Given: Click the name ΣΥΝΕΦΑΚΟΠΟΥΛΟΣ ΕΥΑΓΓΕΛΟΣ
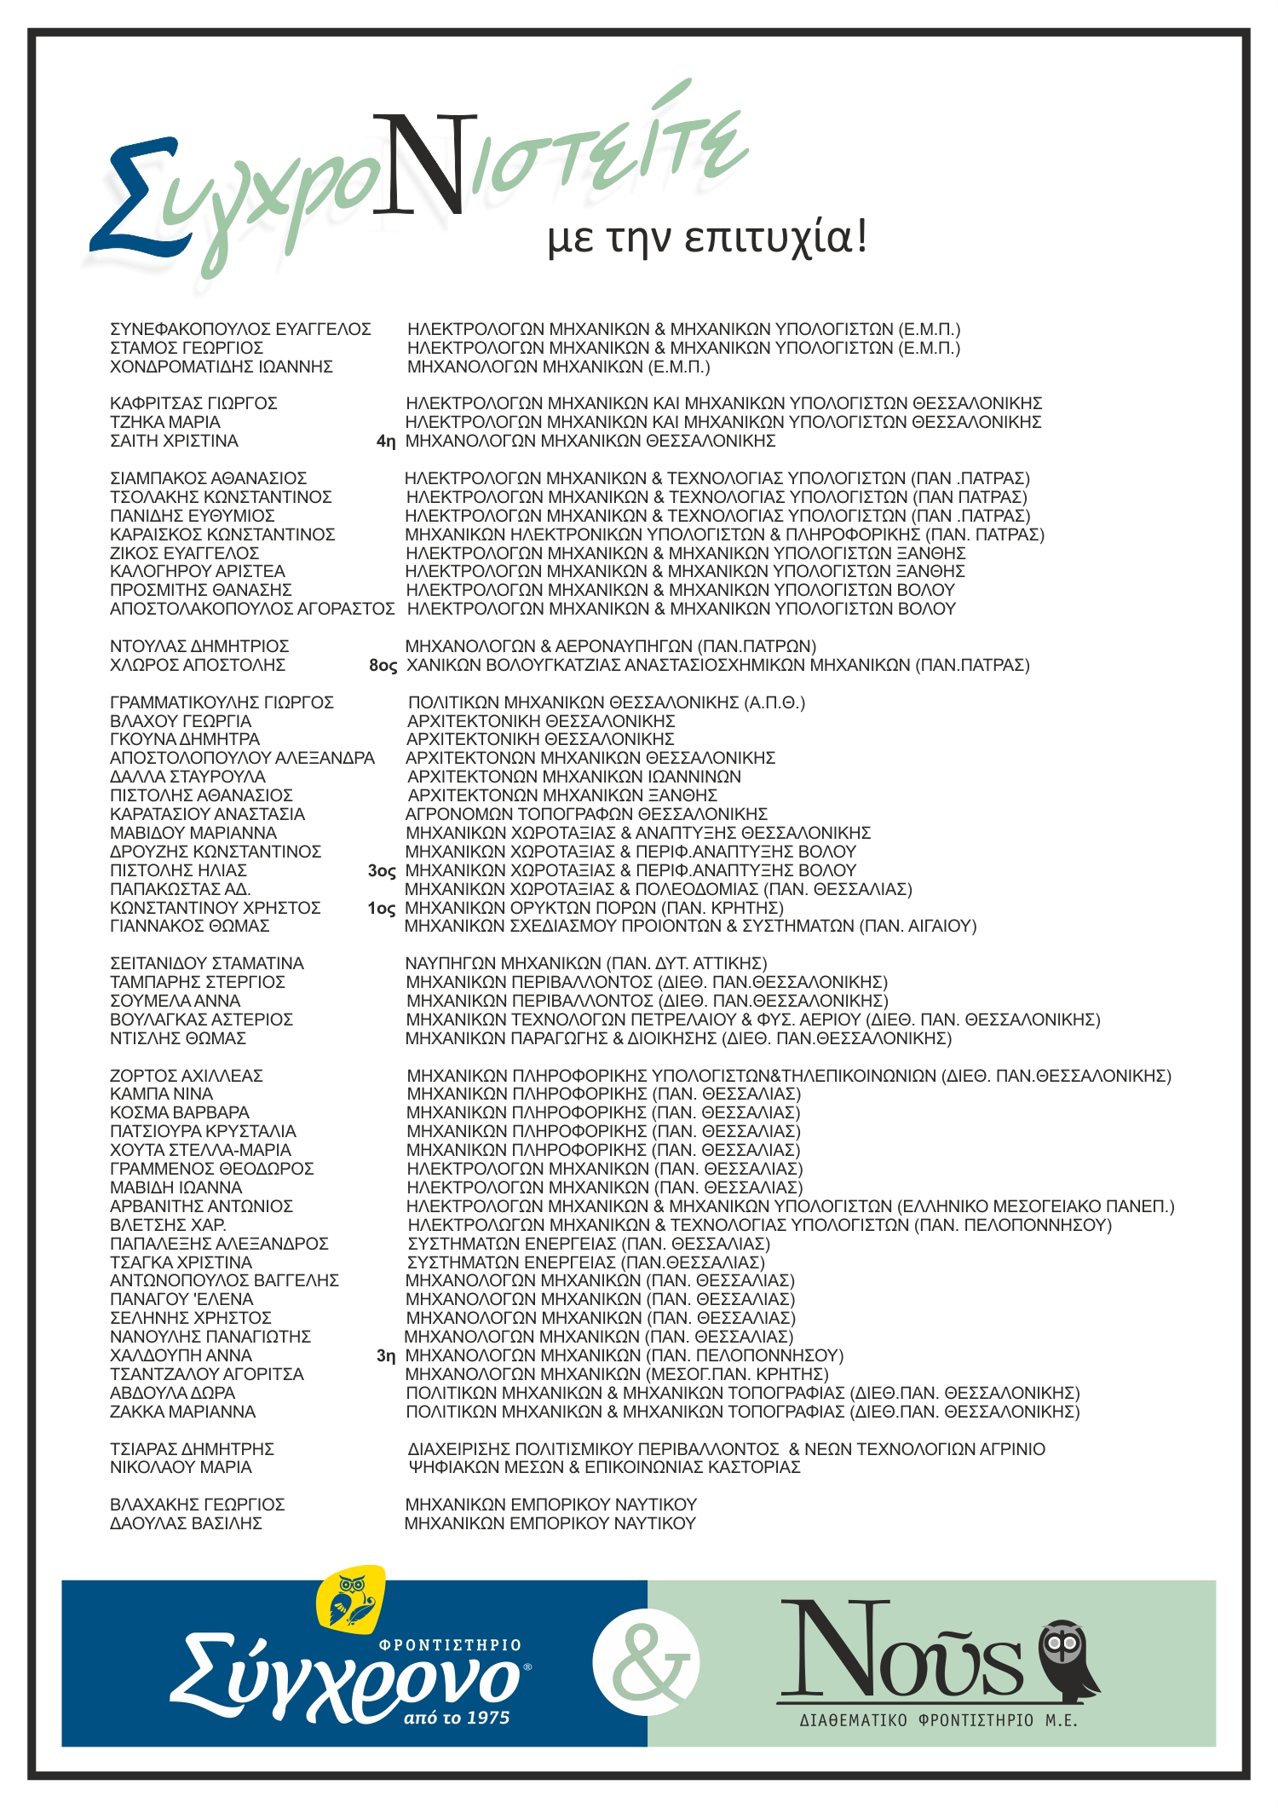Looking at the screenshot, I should click(240, 329).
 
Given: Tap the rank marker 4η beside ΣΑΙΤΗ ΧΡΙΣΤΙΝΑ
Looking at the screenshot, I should click(386, 442).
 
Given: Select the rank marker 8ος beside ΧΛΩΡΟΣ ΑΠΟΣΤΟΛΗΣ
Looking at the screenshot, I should click(383, 666).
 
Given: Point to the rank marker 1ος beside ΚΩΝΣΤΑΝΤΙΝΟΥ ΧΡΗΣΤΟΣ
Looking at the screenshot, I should click(382, 909).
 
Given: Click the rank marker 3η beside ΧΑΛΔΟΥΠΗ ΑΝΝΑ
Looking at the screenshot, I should click(386, 1356).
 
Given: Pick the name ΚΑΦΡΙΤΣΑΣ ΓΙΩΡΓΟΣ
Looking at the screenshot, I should click(193, 403).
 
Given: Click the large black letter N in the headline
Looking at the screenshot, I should click(423, 166).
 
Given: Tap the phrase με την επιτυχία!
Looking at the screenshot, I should click(707, 236).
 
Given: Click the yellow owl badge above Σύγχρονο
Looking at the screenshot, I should click(350, 1599).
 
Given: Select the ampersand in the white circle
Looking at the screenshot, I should click(647, 1661).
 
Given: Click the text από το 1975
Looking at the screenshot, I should click(457, 1718).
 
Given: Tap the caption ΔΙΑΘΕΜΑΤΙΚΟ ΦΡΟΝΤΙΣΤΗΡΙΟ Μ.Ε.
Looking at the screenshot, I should click(938, 1720).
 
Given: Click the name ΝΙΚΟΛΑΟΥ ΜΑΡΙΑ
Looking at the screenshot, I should click(181, 1467).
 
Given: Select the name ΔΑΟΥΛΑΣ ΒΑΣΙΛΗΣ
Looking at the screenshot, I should click(186, 1523).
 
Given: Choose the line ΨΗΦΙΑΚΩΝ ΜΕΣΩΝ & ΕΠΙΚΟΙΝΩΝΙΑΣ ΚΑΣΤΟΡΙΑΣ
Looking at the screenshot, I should click(604, 1467).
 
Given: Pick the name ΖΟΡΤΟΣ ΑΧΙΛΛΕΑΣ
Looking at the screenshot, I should click(187, 1076).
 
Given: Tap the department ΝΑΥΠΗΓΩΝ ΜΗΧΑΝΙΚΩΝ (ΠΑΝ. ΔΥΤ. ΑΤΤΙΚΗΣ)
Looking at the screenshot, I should click(586, 963).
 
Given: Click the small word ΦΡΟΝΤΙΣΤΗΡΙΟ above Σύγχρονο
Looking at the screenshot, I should click(450, 1645).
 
